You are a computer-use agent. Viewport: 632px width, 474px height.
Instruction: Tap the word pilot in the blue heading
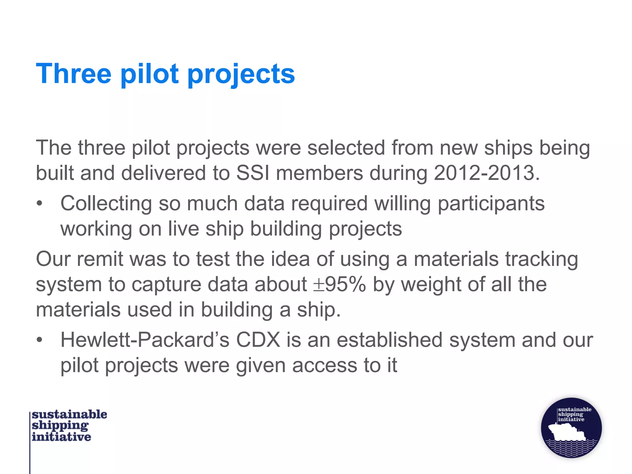point(149,74)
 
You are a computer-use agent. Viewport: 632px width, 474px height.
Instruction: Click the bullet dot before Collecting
point(39,204)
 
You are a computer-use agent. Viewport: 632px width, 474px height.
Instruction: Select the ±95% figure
point(339,284)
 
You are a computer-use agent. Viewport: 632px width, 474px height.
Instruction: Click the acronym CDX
point(258,340)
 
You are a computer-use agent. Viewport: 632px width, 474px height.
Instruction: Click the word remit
point(100,259)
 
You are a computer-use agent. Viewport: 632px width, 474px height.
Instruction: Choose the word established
point(389,340)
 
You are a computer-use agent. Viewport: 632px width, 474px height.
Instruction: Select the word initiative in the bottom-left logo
point(61,437)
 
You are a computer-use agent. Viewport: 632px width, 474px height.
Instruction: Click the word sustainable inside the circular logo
point(575,410)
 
